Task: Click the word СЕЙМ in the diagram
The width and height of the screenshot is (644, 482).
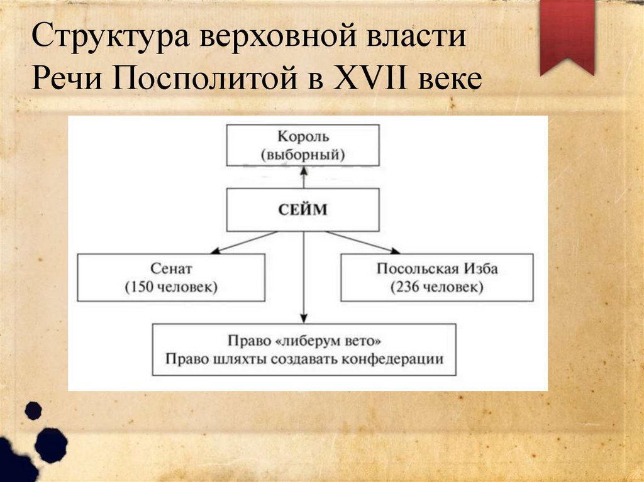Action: (x=303, y=210)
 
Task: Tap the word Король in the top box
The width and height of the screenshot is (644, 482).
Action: (x=303, y=136)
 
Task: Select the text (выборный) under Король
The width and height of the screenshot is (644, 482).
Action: (x=303, y=153)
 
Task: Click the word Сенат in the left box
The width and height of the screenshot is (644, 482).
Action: (x=170, y=269)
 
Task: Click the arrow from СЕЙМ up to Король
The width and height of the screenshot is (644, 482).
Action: (x=303, y=178)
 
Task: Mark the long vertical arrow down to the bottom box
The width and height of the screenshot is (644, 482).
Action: (x=303, y=277)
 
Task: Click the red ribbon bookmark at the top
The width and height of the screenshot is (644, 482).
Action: (x=567, y=35)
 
